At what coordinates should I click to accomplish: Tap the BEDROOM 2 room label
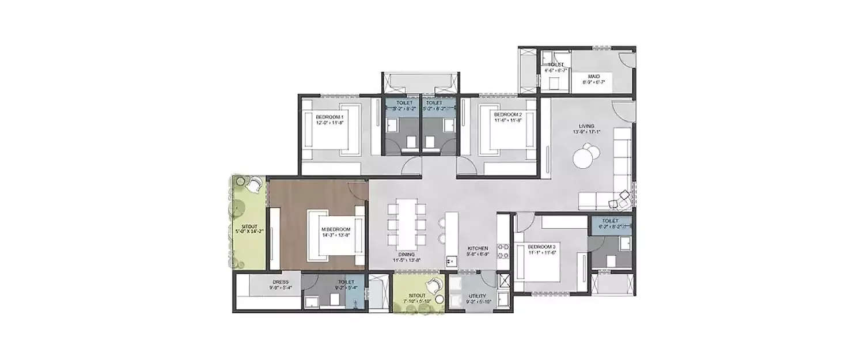[x=507, y=115]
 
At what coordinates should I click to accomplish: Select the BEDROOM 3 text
[x=541, y=247]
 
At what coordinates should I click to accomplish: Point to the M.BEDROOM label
[x=336, y=229]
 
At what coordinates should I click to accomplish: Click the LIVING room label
[x=587, y=126]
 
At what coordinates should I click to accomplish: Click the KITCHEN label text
[x=478, y=248]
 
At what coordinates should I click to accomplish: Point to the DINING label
[x=406, y=254]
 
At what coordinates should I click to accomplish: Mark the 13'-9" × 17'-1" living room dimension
[x=587, y=132]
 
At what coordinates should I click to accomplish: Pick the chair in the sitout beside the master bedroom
[x=254, y=184]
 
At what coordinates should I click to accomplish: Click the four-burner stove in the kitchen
[x=502, y=250]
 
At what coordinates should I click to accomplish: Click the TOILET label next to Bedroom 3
[x=610, y=221]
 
